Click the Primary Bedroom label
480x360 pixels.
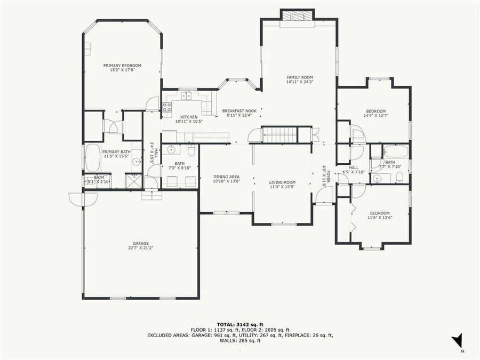pyautogui.click(x=122, y=65)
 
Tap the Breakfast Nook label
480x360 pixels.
pyautogui.click(x=239, y=111)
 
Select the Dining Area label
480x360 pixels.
pyautogui.click(x=226, y=177)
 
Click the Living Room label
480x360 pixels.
pyautogui.click(x=282, y=182)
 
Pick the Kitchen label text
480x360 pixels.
pyautogui.click(x=189, y=117)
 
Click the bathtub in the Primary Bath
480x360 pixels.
pyautogui.click(x=92, y=158)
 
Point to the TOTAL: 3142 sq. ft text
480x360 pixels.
pyautogui.click(x=239, y=324)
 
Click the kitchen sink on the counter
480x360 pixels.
pyautogui.click(x=186, y=96)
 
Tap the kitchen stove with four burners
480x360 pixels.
pyautogui.click(x=167, y=109)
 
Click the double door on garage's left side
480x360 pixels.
pyautogui.click(x=83, y=198)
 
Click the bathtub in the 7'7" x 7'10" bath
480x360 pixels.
pyautogui.click(x=395, y=151)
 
